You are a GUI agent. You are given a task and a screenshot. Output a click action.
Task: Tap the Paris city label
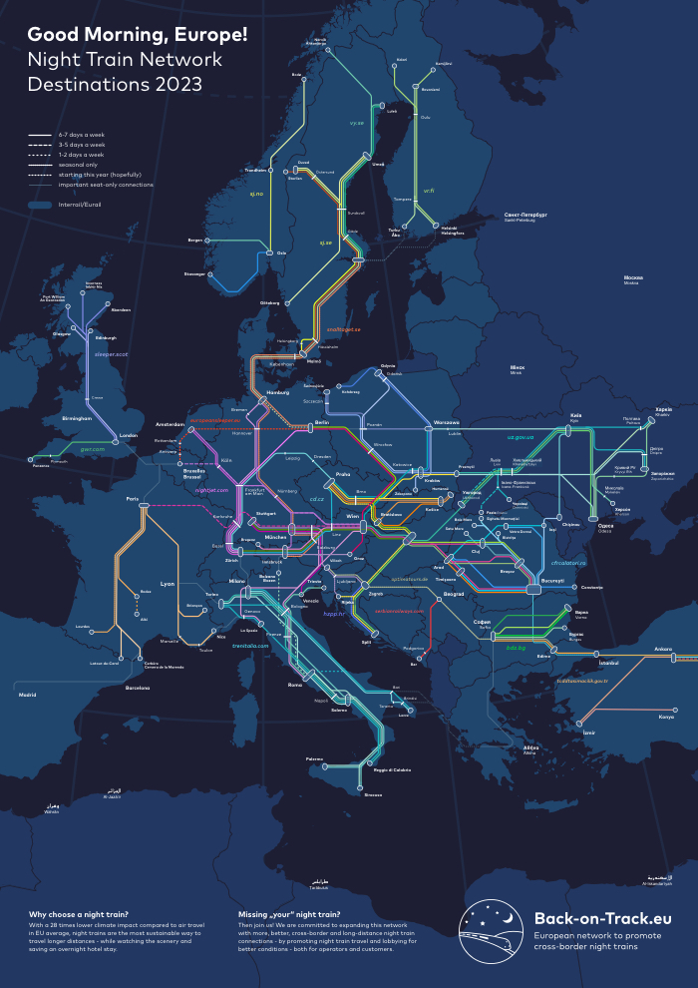tap(132, 498)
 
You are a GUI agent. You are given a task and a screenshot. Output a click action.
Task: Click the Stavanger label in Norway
tap(195, 272)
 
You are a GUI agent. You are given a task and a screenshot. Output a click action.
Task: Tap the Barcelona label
tap(138, 687)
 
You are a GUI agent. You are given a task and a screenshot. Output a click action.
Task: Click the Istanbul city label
tap(581, 661)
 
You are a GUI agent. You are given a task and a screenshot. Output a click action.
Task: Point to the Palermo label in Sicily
tap(315, 758)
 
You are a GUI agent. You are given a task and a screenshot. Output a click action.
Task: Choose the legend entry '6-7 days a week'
tap(81, 134)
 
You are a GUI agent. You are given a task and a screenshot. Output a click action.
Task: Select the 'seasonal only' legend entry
tap(77, 165)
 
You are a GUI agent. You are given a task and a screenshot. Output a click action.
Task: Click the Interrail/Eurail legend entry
tap(80, 205)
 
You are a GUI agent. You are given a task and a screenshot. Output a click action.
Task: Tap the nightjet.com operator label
tap(211, 490)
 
